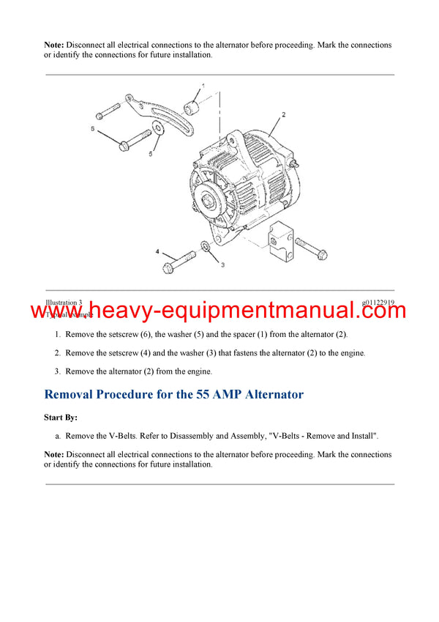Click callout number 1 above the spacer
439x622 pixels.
pyautogui.click(x=203, y=86)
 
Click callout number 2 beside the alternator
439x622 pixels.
pyautogui.click(x=283, y=115)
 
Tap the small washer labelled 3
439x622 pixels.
pyautogui.click(x=205, y=251)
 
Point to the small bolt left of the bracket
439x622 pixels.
pyautogui.click(x=107, y=112)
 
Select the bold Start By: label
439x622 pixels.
pyautogui.click(x=61, y=418)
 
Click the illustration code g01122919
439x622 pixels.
pyautogui.click(x=378, y=302)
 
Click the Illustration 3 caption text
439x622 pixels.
pyautogui.click(x=64, y=302)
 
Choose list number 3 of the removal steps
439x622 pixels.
pyautogui.click(x=58, y=371)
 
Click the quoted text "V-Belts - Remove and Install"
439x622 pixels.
pyautogui.click(x=323, y=436)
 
